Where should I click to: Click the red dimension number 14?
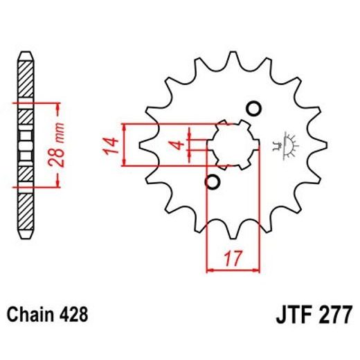tap(109, 145)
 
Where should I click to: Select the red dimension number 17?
tap(233, 261)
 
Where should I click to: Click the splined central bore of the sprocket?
tap(233, 145)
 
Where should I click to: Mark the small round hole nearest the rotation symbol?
tap(253, 109)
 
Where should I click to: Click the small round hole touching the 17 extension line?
tap(213, 182)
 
